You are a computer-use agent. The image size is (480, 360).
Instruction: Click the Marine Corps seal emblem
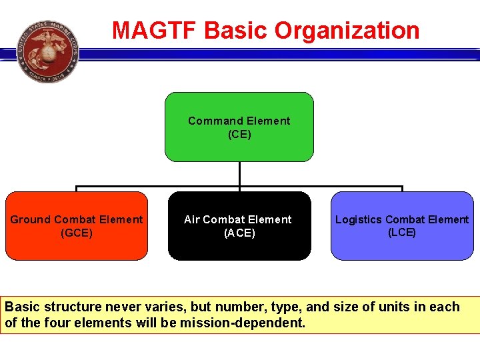click(47, 51)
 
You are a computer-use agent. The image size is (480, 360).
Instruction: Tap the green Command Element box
click(239, 127)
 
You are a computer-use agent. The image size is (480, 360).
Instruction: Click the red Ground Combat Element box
click(77, 225)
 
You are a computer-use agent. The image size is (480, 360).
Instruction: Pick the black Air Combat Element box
click(239, 225)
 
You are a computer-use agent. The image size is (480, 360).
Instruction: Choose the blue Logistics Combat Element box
click(401, 225)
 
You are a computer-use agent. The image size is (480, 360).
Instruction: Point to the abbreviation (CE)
click(239, 134)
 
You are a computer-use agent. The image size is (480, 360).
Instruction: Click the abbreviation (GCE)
click(77, 233)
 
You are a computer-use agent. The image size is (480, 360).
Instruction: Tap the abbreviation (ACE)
click(239, 233)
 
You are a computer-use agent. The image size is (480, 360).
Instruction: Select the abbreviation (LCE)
click(401, 232)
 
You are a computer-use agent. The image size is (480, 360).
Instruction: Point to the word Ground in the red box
click(30, 219)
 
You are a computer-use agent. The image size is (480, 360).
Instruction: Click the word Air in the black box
click(191, 219)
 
